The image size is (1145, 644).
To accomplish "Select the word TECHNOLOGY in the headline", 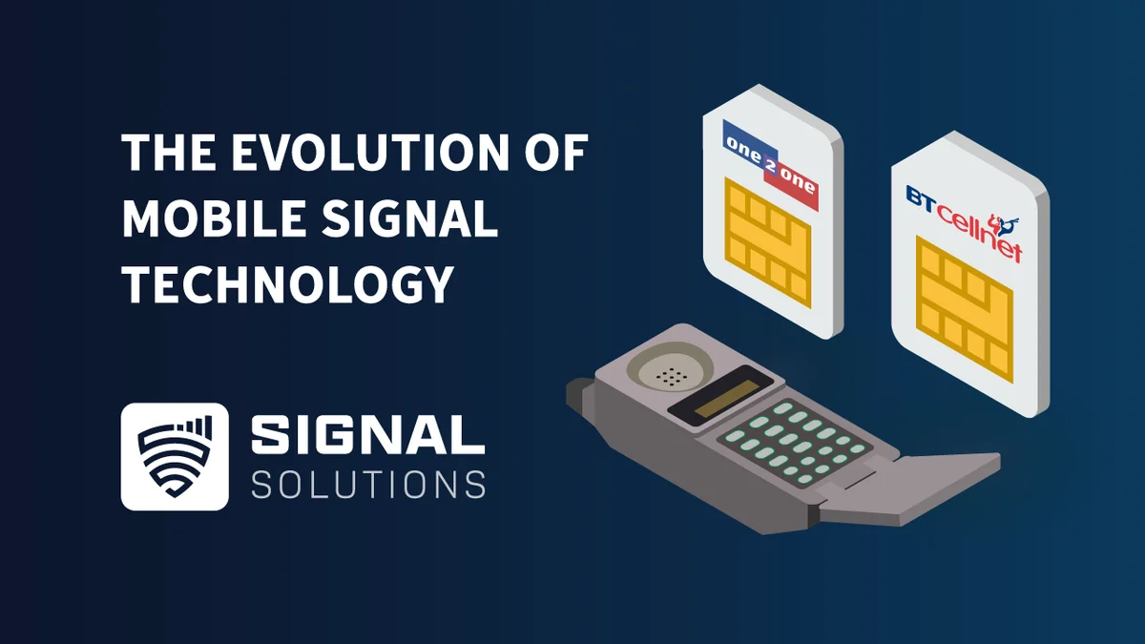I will pos(286,283).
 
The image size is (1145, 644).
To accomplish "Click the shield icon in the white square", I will pos(175,456).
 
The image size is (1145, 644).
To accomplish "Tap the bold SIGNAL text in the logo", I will pos(367,435).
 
